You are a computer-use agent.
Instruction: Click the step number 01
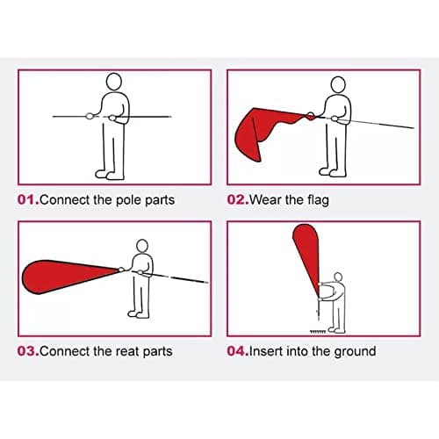[28, 199]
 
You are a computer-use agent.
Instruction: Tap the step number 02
[238, 199]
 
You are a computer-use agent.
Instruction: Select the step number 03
[28, 351]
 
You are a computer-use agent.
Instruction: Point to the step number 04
[238, 351]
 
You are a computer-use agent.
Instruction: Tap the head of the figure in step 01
[113, 82]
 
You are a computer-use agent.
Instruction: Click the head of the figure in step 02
[338, 85]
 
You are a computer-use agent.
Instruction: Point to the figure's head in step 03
[142, 246]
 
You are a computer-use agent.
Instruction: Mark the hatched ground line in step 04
[318, 331]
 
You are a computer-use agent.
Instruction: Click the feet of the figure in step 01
[110, 175]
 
